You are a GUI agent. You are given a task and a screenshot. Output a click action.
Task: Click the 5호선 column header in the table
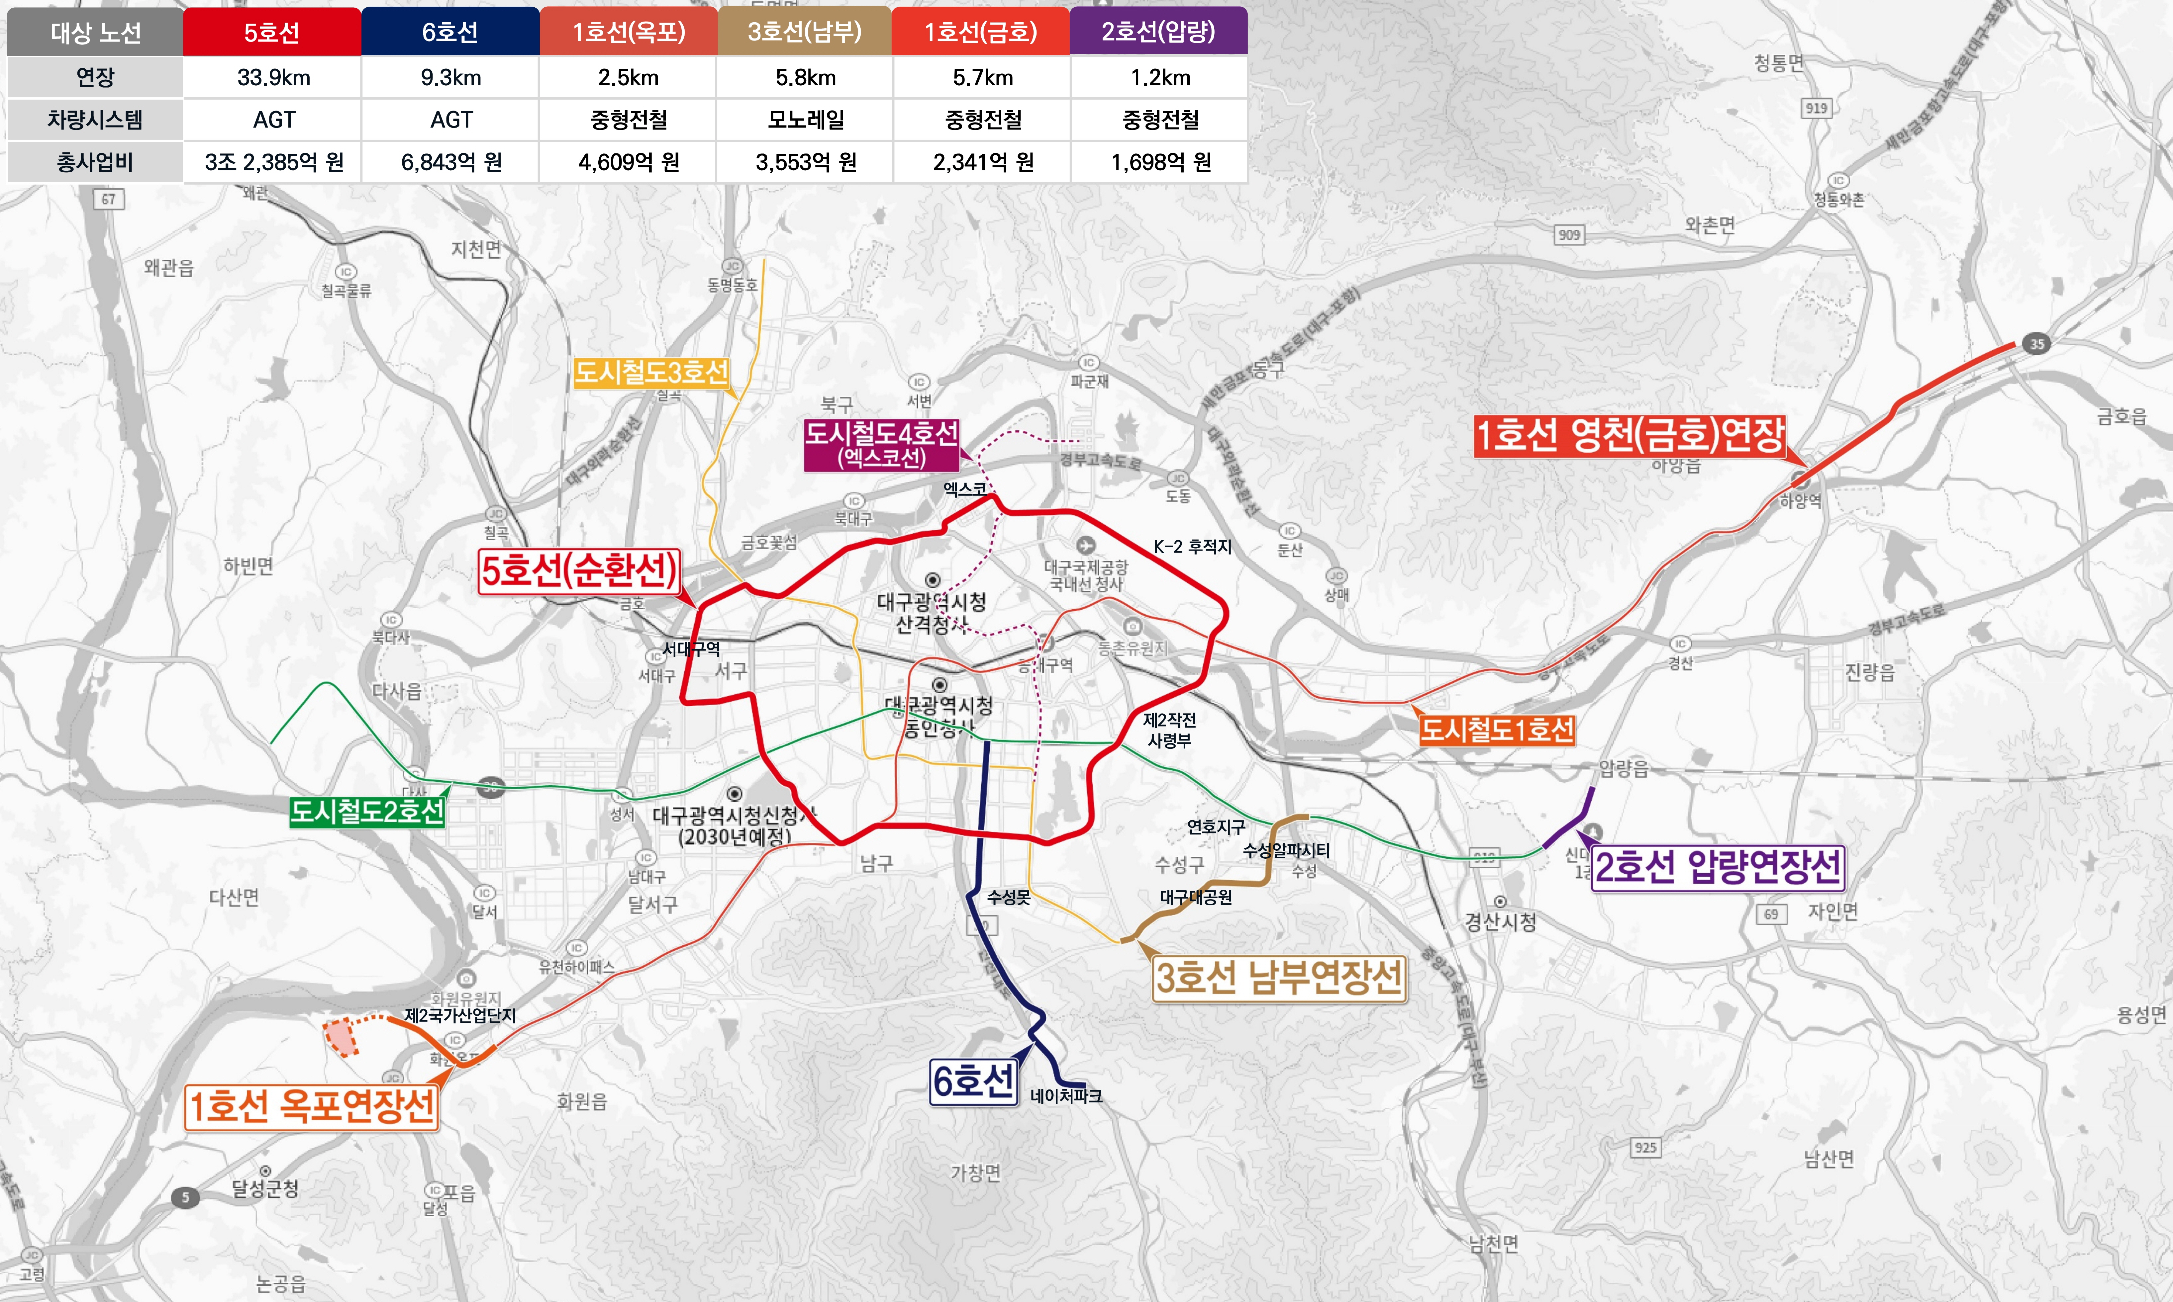272,33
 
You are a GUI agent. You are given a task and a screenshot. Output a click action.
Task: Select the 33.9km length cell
273,77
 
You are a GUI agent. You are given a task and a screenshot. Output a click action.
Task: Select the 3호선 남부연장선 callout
1279,977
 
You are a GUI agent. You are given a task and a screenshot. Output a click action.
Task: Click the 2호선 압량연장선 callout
1718,867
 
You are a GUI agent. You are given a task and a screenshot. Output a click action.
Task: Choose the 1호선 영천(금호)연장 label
1630,435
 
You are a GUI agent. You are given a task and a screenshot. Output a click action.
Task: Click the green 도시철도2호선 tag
367,812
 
